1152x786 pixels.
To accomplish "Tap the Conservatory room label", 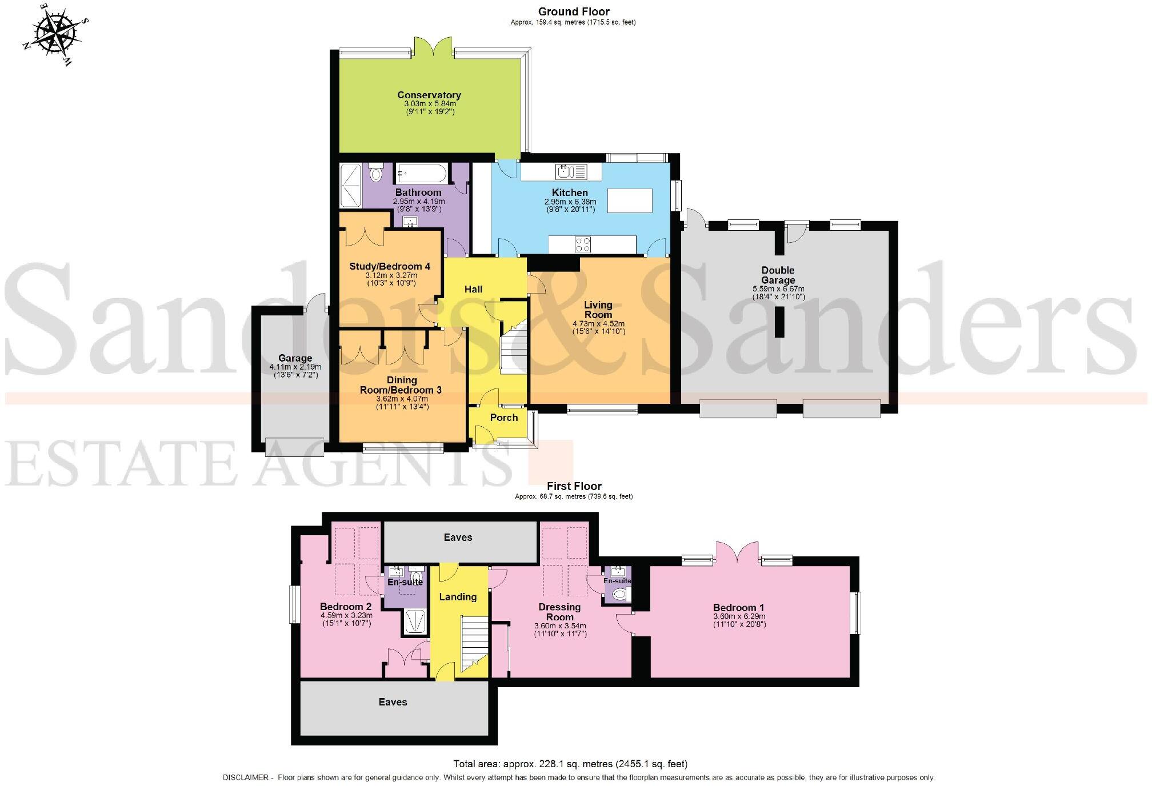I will [x=429, y=95].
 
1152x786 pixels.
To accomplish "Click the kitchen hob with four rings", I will [x=582, y=244].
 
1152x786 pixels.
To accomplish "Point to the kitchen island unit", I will [x=629, y=200].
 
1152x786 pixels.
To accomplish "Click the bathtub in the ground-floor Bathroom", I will [x=421, y=171].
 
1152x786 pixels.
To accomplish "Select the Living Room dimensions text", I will [x=598, y=327].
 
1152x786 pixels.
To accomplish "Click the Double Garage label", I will [x=778, y=275].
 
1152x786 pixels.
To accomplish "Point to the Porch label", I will [x=503, y=418].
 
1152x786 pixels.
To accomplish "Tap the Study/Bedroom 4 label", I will [x=390, y=266].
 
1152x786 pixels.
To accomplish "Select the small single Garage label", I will [x=295, y=358].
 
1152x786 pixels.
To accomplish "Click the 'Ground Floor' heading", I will [x=573, y=11].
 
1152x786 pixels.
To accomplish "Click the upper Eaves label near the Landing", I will [x=458, y=538].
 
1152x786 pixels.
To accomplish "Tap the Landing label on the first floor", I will [x=458, y=597].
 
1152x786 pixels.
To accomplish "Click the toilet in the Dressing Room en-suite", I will [x=619, y=595].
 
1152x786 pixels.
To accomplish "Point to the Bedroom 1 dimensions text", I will [x=739, y=620].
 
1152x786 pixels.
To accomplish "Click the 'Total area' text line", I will [x=570, y=764].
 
